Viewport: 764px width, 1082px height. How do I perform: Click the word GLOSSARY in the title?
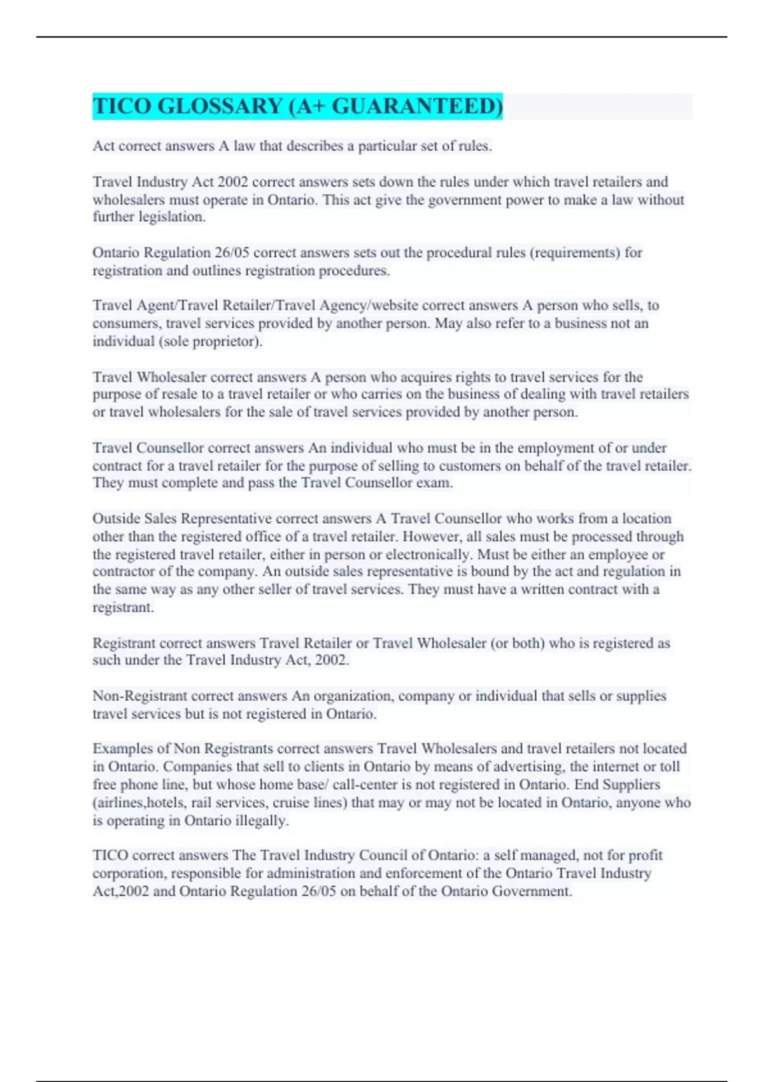pyautogui.click(x=220, y=106)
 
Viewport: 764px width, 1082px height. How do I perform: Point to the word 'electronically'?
pyautogui.click(x=427, y=554)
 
